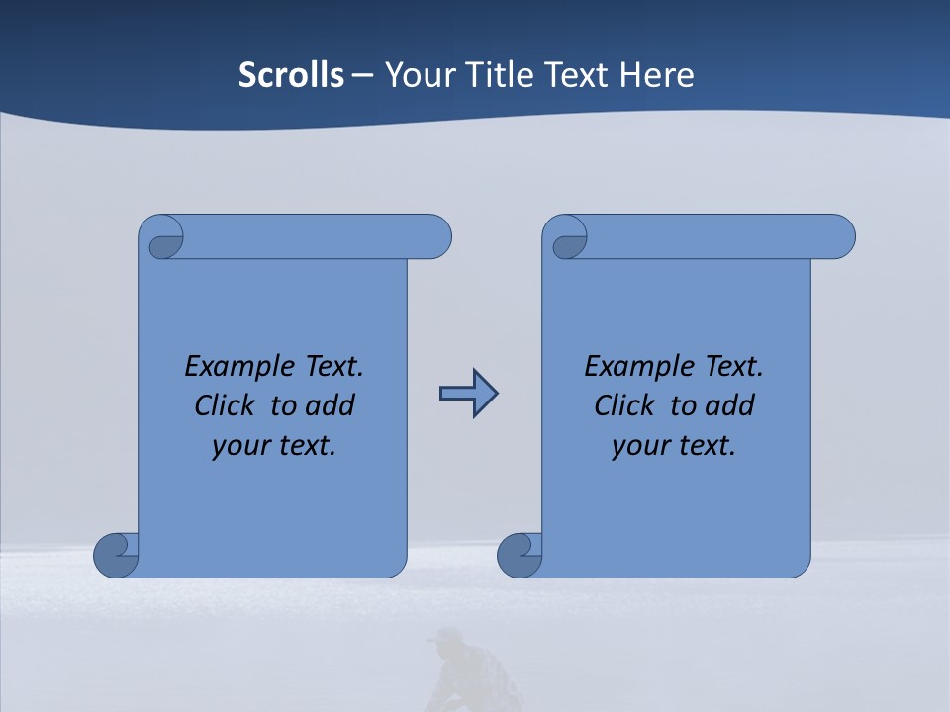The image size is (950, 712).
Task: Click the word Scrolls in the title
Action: coord(291,74)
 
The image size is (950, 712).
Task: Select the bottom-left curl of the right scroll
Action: coord(521,555)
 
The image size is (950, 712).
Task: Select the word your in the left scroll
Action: coord(239,445)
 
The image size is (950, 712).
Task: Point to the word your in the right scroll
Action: coord(639,445)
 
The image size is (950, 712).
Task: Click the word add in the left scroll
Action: coord(332,405)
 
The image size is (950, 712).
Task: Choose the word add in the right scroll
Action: coord(731,405)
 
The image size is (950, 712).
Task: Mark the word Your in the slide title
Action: coord(415,74)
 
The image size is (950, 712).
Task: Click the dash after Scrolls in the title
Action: coord(362,75)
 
